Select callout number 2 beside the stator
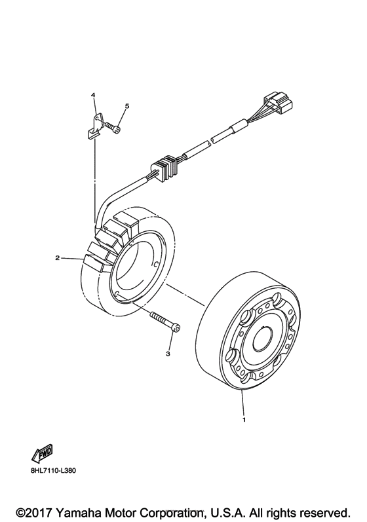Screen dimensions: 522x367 point(58,258)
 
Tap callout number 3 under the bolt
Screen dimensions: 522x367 point(168,354)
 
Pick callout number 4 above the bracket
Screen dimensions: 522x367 point(94,96)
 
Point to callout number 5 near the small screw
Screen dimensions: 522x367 point(127,105)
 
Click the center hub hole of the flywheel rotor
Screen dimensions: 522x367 point(263,338)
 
